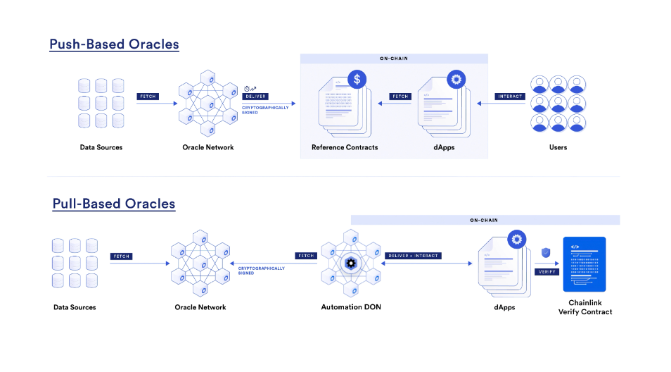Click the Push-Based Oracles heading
click(114, 44)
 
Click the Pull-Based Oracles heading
click(114, 204)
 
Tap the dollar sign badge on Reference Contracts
click(357, 80)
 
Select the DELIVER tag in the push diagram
click(255, 97)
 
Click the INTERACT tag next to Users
click(510, 97)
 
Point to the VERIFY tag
click(547, 272)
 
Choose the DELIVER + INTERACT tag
click(413, 256)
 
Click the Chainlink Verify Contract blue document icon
click(584, 264)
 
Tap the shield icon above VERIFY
click(546, 252)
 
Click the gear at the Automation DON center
click(351, 263)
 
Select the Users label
click(558, 147)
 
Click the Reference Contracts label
click(345, 147)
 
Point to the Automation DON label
click(351, 307)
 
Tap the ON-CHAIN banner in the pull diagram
click(485, 220)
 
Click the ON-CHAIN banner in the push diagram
click(394, 58)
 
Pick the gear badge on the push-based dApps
click(456, 80)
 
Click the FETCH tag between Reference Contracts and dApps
click(400, 97)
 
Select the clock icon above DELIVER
click(247, 89)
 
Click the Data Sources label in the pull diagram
click(75, 307)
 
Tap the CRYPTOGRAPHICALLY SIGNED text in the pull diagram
click(261, 271)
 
